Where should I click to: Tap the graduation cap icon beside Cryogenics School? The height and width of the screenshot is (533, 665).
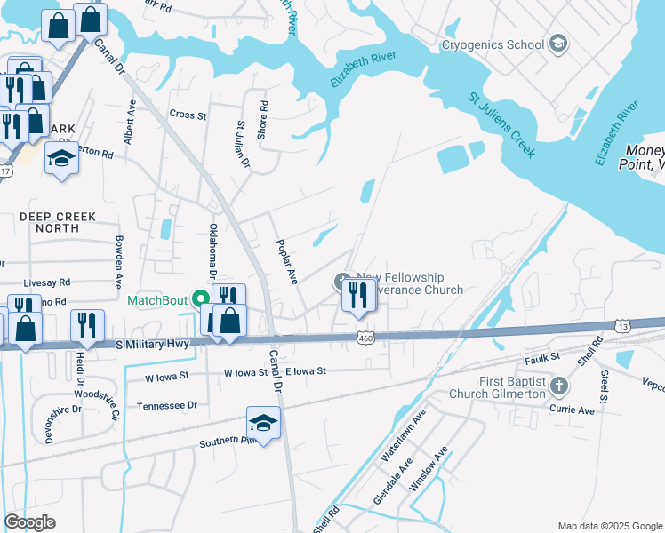(557, 43)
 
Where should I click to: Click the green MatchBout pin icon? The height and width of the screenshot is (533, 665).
(202, 299)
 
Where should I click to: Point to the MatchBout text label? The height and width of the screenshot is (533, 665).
(161, 300)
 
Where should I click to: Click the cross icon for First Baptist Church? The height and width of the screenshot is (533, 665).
(558, 386)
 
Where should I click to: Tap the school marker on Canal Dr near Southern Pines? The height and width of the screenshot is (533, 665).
(263, 424)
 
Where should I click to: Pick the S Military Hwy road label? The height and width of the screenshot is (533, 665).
(152, 344)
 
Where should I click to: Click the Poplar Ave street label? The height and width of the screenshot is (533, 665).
(286, 261)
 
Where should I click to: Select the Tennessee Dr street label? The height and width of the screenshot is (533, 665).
(167, 405)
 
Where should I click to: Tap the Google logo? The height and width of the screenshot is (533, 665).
(29, 522)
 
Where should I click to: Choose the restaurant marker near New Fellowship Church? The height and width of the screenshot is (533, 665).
(358, 295)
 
